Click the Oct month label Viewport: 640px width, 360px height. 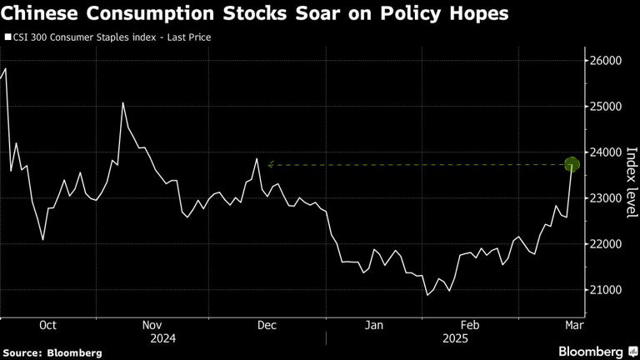(47, 325)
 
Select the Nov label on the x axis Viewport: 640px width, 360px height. (152, 325)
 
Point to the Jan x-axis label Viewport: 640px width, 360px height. (376, 325)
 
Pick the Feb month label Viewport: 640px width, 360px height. (471, 325)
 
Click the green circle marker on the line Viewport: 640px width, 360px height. (572, 164)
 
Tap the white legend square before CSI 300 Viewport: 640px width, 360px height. (7, 37)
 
